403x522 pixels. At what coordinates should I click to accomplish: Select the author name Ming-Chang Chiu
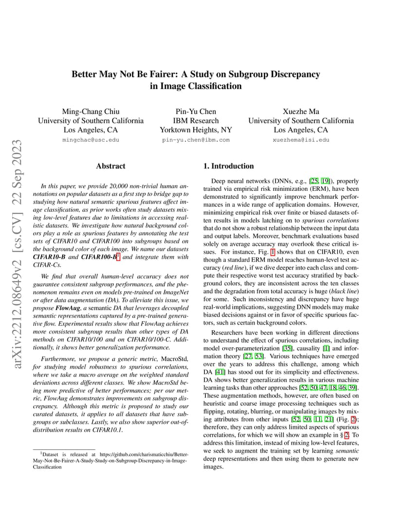pyautogui.click(x=91, y=112)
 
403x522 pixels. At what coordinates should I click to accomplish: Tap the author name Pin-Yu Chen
pyautogui.click(x=196, y=112)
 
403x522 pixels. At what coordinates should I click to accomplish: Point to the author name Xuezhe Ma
pyautogui.click(x=301, y=112)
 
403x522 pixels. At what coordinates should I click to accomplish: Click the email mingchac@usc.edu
pyautogui.click(x=91, y=140)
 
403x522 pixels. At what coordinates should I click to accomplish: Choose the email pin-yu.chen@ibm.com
pyautogui.click(x=196, y=140)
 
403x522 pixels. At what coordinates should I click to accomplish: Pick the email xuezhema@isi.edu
pyautogui.click(x=301, y=140)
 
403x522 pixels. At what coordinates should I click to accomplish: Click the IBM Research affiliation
pyautogui.click(x=196, y=121)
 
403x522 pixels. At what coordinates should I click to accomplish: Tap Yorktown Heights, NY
pyautogui.click(x=196, y=130)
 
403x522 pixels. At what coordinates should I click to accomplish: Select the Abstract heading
pyautogui.click(x=110, y=166)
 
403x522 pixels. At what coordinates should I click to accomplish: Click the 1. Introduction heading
pyautogui.click(x=228, y=166)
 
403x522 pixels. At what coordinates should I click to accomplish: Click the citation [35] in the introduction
pyautogui.click(x=287, y=349)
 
